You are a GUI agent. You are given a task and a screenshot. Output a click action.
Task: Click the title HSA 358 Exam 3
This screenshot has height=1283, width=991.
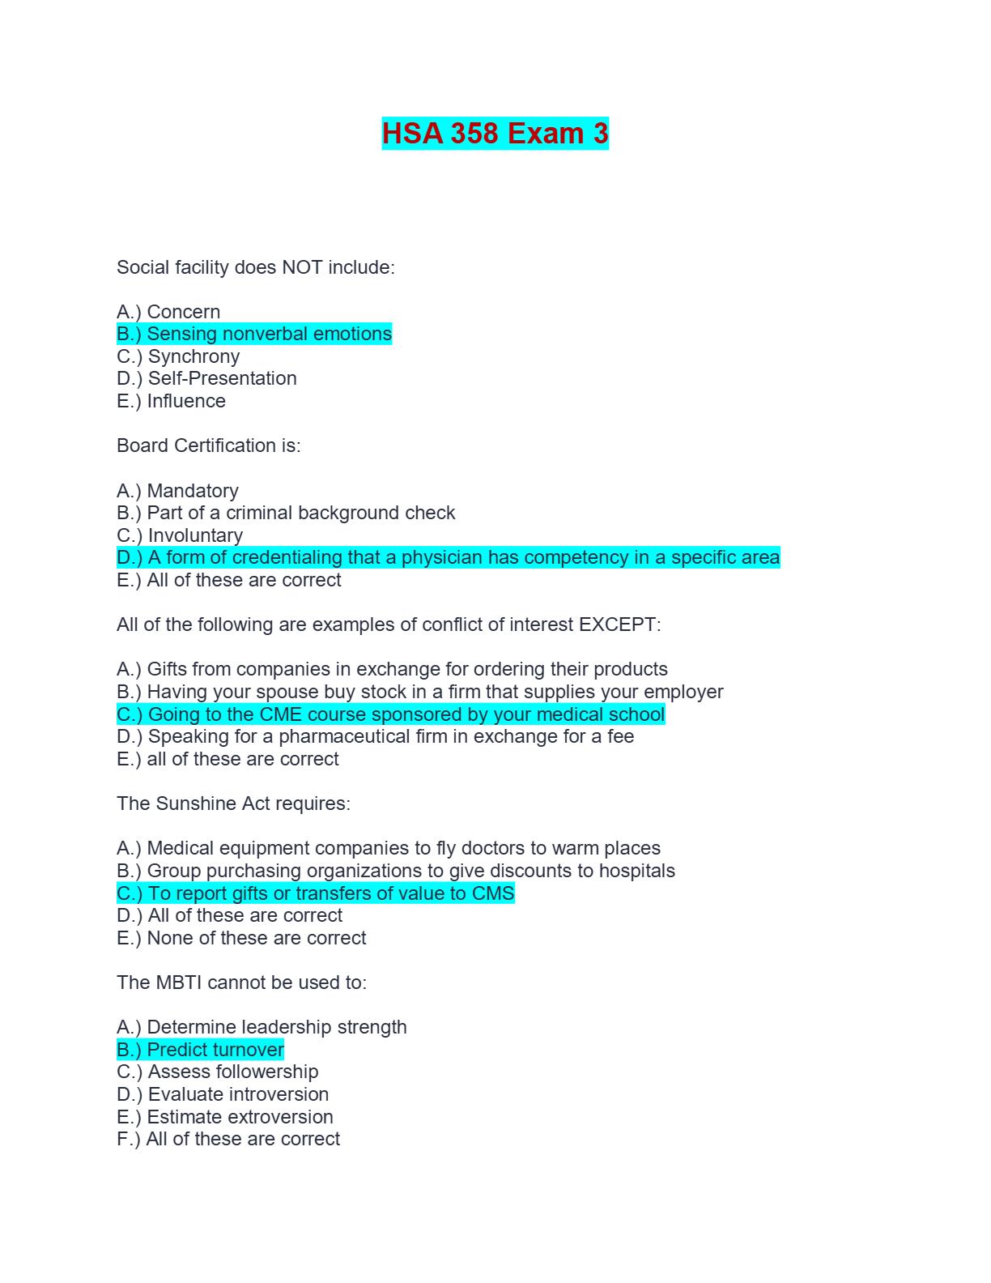coord(495,134)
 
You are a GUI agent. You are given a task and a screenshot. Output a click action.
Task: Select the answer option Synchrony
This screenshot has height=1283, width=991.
coord(178,356)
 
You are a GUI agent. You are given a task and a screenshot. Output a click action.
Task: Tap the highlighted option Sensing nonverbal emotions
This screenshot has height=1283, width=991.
coord(254,334)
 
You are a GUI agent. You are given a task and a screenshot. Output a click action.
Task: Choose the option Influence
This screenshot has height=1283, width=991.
coord(171,401)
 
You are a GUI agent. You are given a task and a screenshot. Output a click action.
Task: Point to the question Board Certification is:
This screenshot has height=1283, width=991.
coord(208,445)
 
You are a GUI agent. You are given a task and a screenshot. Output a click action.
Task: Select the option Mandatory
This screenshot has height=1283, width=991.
coord(177,491)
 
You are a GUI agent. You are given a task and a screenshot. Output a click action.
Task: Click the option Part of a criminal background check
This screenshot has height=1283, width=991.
coord(286,513)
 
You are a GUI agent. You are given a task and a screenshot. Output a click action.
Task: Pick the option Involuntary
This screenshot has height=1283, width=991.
coord(180,535)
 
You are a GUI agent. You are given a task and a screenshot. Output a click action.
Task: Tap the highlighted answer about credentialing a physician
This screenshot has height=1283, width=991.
coord(448,557)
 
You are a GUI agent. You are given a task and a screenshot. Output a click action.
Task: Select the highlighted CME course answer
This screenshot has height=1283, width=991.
coord(390,714)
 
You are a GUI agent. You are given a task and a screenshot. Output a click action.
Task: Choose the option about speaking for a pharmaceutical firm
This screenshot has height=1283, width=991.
coord(375,736)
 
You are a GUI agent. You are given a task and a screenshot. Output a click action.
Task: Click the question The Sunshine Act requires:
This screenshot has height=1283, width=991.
coord(233,803)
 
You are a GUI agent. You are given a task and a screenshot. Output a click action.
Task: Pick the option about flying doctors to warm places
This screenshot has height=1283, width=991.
coord(389,848)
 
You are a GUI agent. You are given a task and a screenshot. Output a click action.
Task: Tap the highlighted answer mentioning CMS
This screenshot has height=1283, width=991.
coord(316,893)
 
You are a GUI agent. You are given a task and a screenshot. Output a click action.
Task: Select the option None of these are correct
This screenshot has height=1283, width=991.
coord(241,938)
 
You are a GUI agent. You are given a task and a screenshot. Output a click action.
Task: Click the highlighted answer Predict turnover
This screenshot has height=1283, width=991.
coord(200,1050)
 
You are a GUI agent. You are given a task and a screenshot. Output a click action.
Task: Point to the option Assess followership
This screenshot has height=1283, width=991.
coord(218,1072)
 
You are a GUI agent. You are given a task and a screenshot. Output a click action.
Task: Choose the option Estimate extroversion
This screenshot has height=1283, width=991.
coord(225,1117)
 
